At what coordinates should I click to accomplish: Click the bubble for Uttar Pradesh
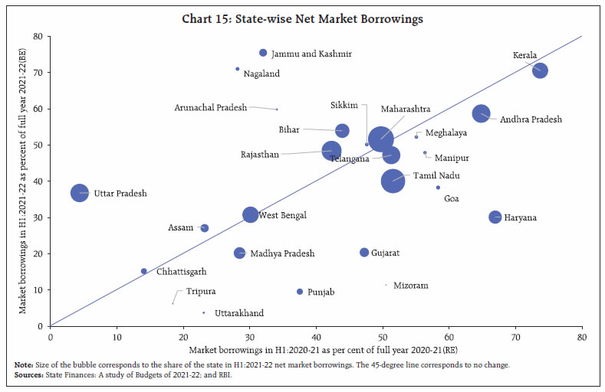(x=80, y=193)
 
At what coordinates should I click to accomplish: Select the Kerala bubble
(x=540, y=70)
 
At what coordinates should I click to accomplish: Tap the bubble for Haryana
(x=495, y=217)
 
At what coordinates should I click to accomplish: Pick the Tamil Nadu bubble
(x=393, y=181)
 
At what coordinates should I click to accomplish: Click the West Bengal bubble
(x=250, y=214)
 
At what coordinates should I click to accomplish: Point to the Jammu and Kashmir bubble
(x=263, y=53)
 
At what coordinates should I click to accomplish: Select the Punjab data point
(x=299, y=292)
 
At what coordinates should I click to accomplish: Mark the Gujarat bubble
(x=364, y=253)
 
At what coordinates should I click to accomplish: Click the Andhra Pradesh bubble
(x=481, y=113)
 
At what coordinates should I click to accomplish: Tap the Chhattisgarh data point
(x=143, y=271)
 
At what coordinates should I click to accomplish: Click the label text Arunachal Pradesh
(x=210, y=108)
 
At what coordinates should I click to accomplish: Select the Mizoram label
(x=410, y=286)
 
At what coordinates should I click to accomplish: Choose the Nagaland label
(x=261, y=74)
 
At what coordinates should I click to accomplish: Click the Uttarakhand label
(x=239, y=313)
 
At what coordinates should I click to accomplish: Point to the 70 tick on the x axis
(x=515, y=335)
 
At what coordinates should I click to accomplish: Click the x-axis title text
(x=314, y=349)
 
